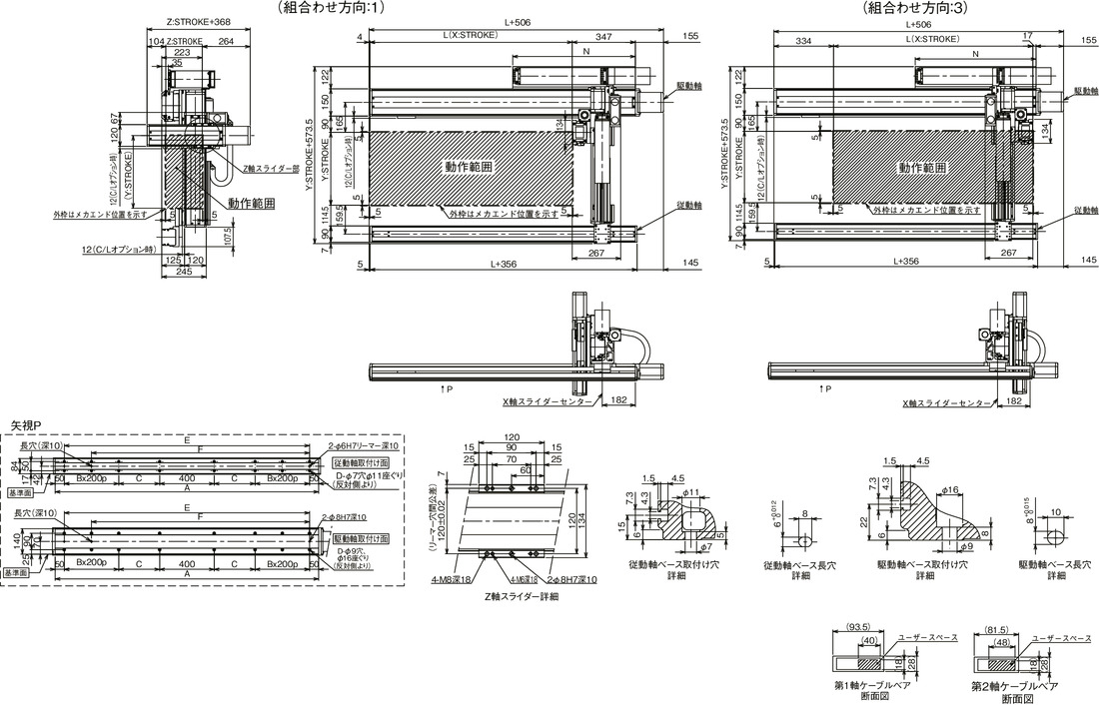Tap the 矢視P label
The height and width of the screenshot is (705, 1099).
point(26,425)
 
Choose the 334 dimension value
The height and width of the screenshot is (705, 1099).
point(803,41)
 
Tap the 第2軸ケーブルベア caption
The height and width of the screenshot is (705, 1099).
point(1013,686)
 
